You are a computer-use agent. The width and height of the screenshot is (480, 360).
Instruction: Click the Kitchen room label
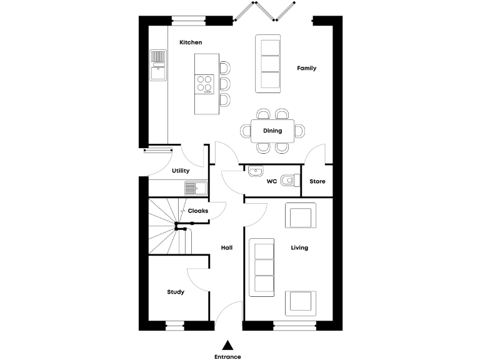click(191, 42)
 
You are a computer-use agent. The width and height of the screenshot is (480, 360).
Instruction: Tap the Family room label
click(306, 68)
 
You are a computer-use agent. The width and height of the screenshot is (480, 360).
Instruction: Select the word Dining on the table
click(272, 131)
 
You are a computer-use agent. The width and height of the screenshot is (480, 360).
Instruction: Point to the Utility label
click(181, 171)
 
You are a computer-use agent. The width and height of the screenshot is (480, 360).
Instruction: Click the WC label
click(272, 182)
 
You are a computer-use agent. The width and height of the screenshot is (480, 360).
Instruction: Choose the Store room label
click(317, 182)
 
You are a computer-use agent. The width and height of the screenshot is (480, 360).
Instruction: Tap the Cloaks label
click(198, 211)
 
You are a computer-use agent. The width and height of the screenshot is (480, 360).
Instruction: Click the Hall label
click(227, 248)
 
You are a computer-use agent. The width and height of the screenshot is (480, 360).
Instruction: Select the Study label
click(176, 292)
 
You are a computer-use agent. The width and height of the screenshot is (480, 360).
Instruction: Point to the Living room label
click(299, 248)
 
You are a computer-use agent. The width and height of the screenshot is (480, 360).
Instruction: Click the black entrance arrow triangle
click(228, 344)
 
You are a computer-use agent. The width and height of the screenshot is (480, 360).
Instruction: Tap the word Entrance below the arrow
click(227, 356)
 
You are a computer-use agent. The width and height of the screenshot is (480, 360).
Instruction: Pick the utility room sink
click(196, 187)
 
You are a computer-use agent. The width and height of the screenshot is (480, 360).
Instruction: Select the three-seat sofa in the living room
click(262, 267)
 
